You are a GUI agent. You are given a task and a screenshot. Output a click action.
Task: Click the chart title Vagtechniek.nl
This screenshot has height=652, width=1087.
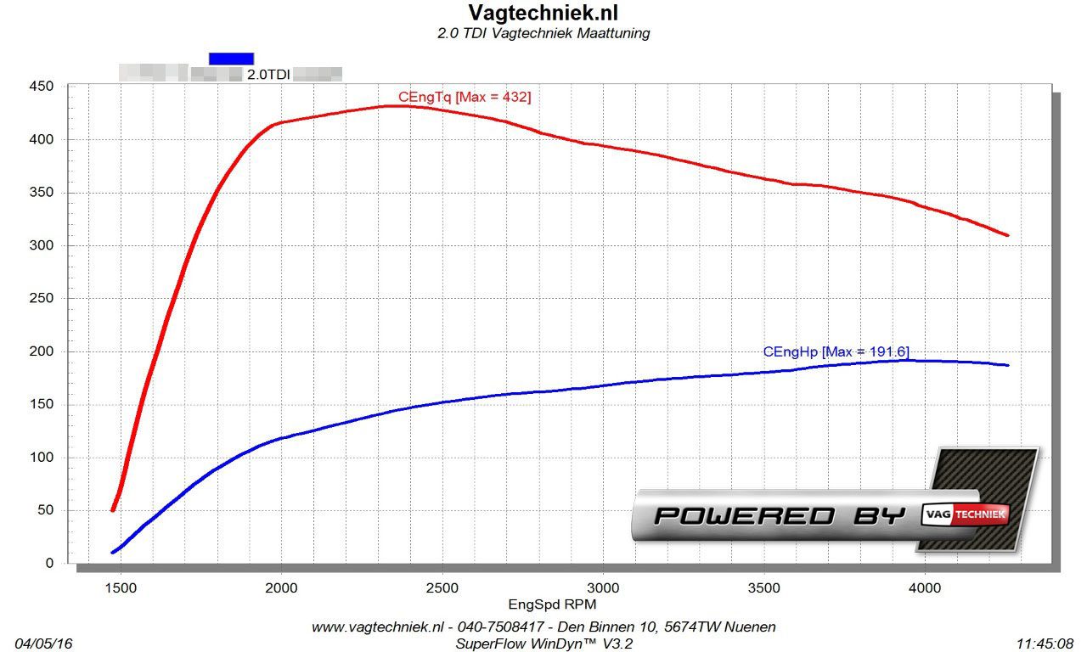543,13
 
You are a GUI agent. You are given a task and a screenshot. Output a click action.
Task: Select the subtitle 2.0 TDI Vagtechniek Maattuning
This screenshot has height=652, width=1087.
543,34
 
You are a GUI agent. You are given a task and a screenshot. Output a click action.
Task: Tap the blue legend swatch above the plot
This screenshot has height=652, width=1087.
231,58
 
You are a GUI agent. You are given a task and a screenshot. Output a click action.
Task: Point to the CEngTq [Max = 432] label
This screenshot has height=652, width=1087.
465,98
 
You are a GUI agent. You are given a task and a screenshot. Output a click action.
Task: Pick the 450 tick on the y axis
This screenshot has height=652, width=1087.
42,87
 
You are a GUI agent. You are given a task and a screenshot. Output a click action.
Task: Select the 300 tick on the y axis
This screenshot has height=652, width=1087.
42,245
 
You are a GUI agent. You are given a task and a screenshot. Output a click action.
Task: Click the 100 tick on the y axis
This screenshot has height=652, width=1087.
42,458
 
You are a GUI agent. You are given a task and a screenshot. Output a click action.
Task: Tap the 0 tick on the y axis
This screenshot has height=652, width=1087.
48,564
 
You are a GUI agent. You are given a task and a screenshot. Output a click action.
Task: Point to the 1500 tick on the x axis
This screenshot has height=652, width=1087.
120,587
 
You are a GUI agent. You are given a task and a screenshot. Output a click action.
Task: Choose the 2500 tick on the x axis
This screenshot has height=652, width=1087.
442,587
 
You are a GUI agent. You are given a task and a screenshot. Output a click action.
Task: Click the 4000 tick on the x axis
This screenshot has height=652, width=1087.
925,587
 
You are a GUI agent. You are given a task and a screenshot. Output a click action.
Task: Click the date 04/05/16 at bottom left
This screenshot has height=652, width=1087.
43,644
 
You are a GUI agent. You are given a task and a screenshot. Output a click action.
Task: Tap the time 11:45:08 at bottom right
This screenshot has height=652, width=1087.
1045,644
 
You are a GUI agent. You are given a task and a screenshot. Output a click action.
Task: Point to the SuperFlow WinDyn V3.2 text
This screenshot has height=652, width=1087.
543,644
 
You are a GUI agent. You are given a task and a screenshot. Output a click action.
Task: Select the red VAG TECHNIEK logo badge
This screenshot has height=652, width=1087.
966,514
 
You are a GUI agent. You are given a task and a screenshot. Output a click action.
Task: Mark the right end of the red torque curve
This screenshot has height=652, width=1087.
1007,235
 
